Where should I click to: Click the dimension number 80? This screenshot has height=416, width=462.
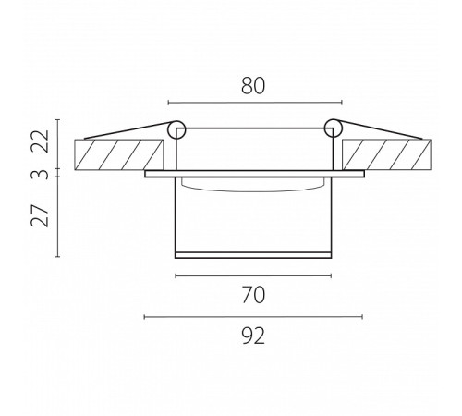pos(253,86)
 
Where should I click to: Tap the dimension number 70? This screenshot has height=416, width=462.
pos(253,295)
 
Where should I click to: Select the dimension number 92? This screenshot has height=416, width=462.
pos(253,336)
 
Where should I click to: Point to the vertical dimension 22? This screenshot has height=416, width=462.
pos(40,141)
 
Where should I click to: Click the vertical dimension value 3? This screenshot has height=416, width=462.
pos(40,175)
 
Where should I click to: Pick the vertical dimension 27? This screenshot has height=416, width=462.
pos(40,215)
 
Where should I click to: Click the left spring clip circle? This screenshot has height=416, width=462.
pos(176,129)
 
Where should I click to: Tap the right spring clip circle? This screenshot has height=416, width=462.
pos(333,128)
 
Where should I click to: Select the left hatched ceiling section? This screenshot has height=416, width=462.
pos(119,154)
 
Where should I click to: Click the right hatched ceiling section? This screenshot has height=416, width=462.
pos(386,154)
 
